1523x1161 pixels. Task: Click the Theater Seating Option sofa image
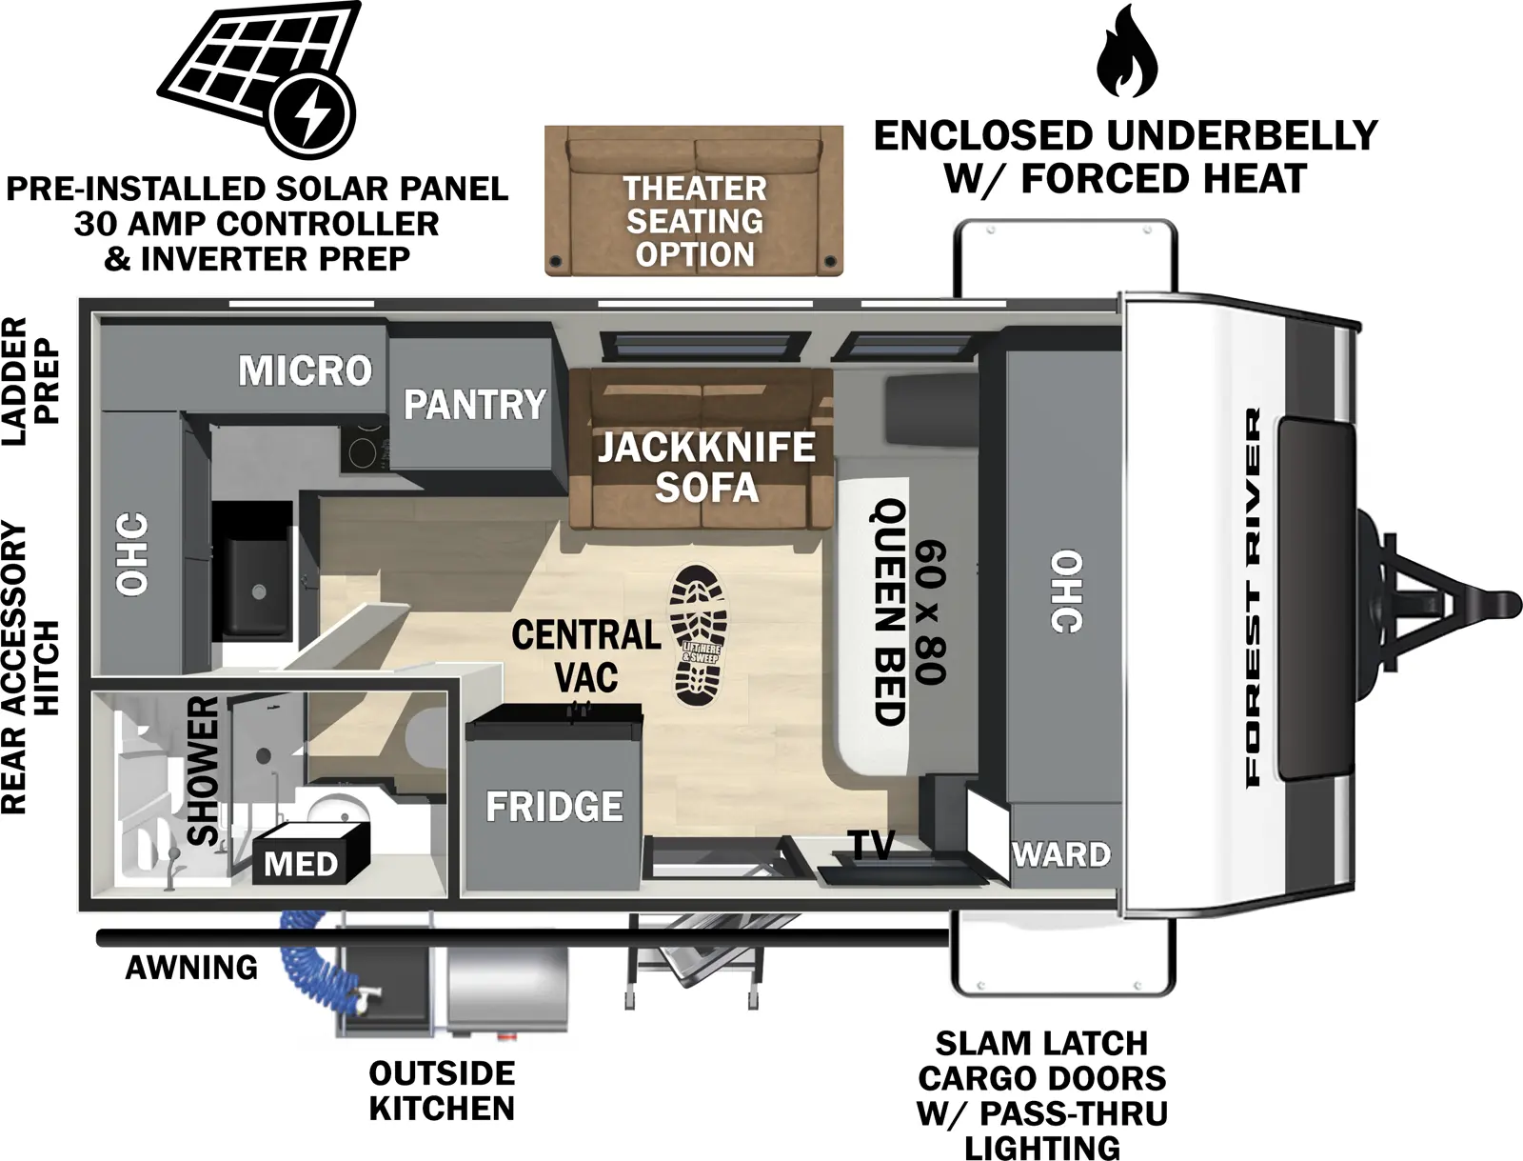[694, 201]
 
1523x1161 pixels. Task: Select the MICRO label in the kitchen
[305, 370]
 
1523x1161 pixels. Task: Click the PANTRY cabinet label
[474, 405]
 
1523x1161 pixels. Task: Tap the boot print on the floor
[698, 636]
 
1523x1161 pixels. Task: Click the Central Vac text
[586, 655]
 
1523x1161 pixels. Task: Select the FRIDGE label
[554, 807]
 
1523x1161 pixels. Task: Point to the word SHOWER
[204, 771]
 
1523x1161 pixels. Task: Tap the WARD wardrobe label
[1060, 854]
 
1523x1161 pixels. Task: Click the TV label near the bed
[872, 845]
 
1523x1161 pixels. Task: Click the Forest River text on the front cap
[1252, 597]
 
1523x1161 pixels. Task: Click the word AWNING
[191, 968]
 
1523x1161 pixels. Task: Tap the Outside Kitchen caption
[442, 1091]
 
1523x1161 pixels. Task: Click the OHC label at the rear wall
[132, 554]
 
